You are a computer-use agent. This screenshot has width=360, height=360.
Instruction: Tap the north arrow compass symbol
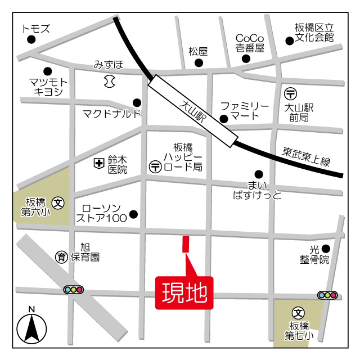pos(31,326)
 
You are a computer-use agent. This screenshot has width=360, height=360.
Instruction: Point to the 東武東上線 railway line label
pos(306,156)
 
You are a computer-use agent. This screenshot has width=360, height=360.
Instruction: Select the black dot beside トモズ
pos(31,39)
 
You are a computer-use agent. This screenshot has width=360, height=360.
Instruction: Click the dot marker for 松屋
pos(199,62)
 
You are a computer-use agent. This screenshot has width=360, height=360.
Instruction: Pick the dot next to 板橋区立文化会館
pos(290,40)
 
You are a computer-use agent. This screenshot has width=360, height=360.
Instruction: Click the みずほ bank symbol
pos(109,82)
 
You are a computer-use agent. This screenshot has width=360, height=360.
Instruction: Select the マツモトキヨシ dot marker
pos(48,72)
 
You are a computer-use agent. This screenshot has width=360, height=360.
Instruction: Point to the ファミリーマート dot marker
pos(224,119)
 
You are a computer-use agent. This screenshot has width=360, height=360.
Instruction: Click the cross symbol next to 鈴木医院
pos(98,163)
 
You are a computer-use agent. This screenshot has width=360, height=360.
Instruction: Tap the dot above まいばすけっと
pos(259,174)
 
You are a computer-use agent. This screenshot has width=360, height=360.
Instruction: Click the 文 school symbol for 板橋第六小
pos(58,202)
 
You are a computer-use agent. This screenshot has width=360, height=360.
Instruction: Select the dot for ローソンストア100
pos(133,214)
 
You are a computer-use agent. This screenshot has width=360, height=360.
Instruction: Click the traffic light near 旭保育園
pos(74,290)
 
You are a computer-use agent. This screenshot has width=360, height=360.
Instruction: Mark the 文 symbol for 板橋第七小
pos(299,312)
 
